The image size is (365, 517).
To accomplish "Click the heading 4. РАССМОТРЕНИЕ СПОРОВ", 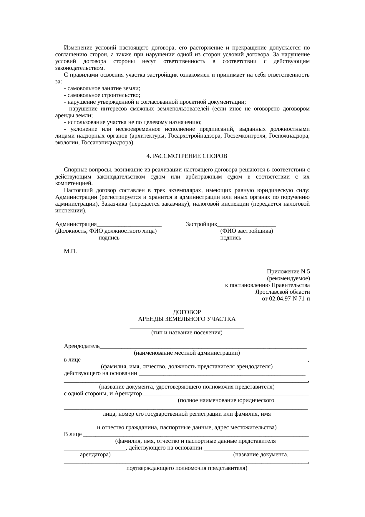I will click(187, 156).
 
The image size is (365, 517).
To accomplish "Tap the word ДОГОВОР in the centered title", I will click(187, 312).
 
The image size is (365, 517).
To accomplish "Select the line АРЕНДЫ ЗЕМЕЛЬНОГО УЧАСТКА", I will click(187, 319).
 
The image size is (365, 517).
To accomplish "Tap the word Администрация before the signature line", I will click(76, 224).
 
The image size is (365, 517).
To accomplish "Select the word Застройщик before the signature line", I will click(201, 224).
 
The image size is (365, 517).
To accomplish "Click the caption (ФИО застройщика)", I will click(246, 231).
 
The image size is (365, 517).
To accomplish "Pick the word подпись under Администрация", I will click(109, 238).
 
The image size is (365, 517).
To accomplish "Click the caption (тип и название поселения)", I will click(187, 333).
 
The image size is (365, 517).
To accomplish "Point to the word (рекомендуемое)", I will click(288, 278).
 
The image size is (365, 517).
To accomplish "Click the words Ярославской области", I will click(282, 292).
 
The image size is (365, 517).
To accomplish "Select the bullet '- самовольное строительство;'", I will click(102, 95).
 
